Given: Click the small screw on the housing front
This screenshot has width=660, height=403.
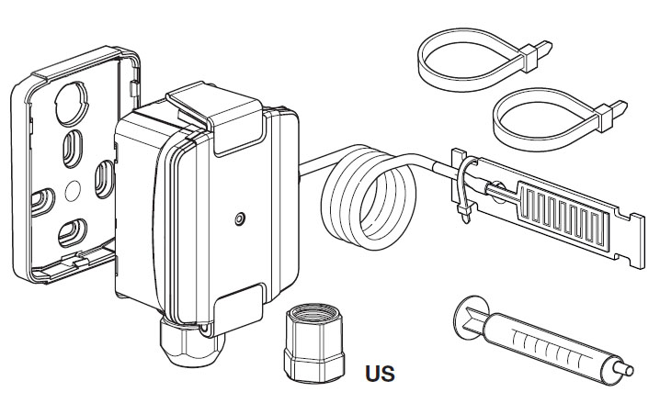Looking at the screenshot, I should [x=239, y=219].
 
